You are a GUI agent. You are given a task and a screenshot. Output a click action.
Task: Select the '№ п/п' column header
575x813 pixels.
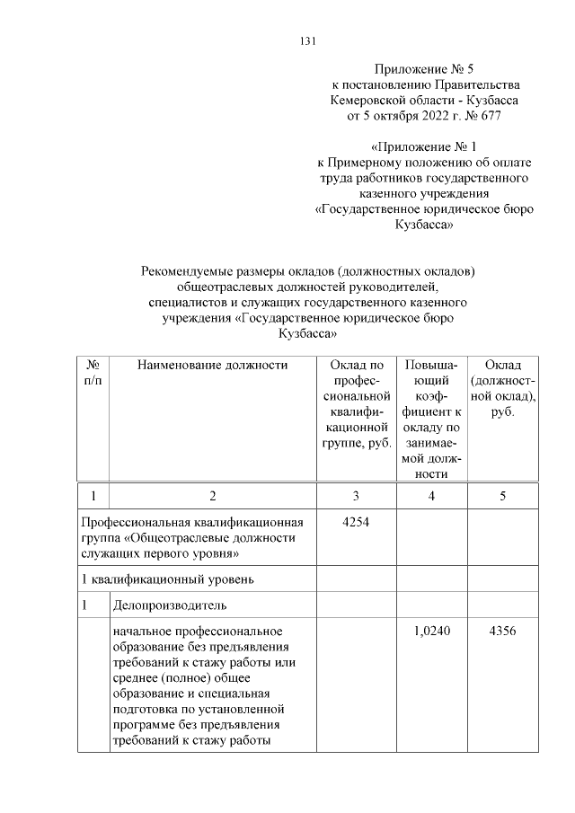coord(93,372)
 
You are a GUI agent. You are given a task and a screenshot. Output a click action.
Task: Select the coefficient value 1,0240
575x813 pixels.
coord(432,632)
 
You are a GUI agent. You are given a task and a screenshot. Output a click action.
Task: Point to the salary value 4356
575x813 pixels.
coord(502,632)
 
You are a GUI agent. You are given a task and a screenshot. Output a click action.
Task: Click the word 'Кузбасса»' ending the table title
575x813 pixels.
coord(307,332)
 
